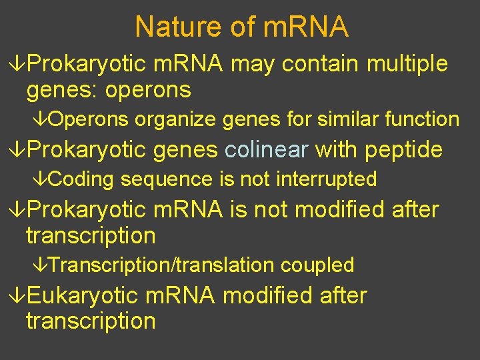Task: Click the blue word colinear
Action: click(266, 150)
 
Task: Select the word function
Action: click(421, 120)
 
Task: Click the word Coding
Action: click(81, 179)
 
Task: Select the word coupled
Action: click(317, 265)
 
